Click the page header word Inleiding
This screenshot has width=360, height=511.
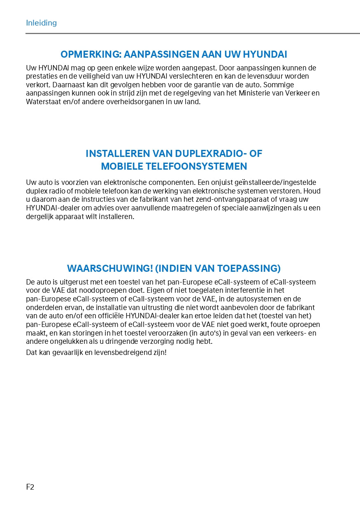click(41, 23)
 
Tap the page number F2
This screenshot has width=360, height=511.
click(30, 487)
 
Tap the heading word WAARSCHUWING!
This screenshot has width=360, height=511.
click(110, 268)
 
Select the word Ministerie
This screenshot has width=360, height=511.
click(259, 93)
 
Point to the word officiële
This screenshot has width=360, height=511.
click(108, 316)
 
